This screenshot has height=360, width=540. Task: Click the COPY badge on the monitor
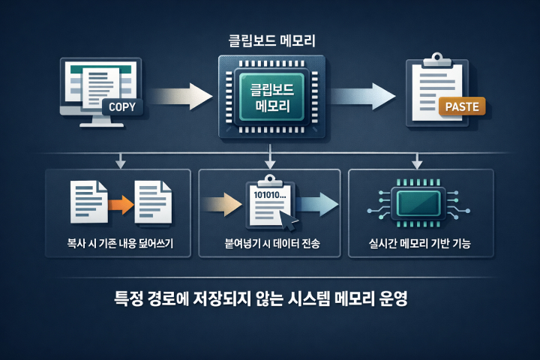[121, 106]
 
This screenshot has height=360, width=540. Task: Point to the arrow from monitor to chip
[181, 95]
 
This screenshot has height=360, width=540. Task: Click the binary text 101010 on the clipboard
[265, 196]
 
